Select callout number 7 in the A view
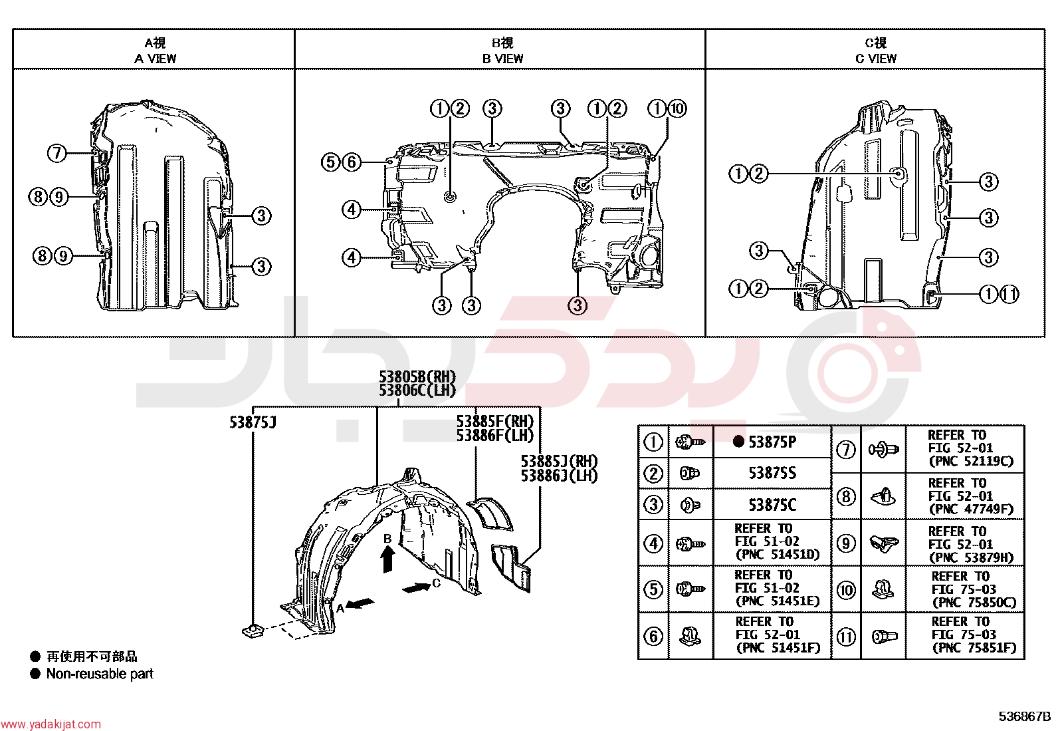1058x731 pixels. pyautogui.click(x=57, y=153)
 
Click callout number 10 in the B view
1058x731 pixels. pyautogui.click(x=677, y=108)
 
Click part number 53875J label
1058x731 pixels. pyautogui.click(x=253, y=422)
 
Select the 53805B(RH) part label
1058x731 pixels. pyautogui.click(x=417, y=377)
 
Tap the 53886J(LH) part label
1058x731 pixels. pyautogui.click(x=559, y=476)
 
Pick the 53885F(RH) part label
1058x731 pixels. pyautogui.click(x=495, y=421)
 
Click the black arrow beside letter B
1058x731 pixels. pyautogui.click(x=388, y=559)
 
